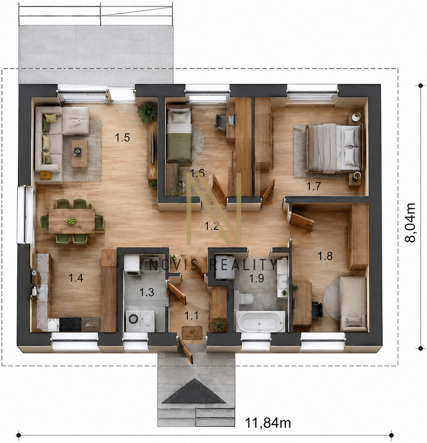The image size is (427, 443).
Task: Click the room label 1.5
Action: pos(122,138)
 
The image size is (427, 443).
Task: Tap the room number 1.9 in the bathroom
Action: pos(256,278)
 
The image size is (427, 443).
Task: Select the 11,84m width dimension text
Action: pos(268,423)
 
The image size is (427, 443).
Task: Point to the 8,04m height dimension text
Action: pos(410,222)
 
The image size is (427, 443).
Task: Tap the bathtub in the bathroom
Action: pos(260,322)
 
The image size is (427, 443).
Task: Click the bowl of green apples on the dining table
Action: pos(72,221)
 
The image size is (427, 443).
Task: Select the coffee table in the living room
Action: pos(79,154)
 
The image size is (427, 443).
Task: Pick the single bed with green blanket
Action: pos(179,135)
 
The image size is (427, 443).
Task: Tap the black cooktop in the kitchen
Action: pos(70,325)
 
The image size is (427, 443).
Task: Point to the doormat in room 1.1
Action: pos(192,333)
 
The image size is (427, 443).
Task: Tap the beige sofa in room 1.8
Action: pos(353,304)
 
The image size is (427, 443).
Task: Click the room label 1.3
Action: pos(147,292)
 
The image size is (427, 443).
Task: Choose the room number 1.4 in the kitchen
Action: pos(76,278)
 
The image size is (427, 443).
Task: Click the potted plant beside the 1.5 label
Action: pos(148,113)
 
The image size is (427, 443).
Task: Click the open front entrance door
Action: pos(185,350)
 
